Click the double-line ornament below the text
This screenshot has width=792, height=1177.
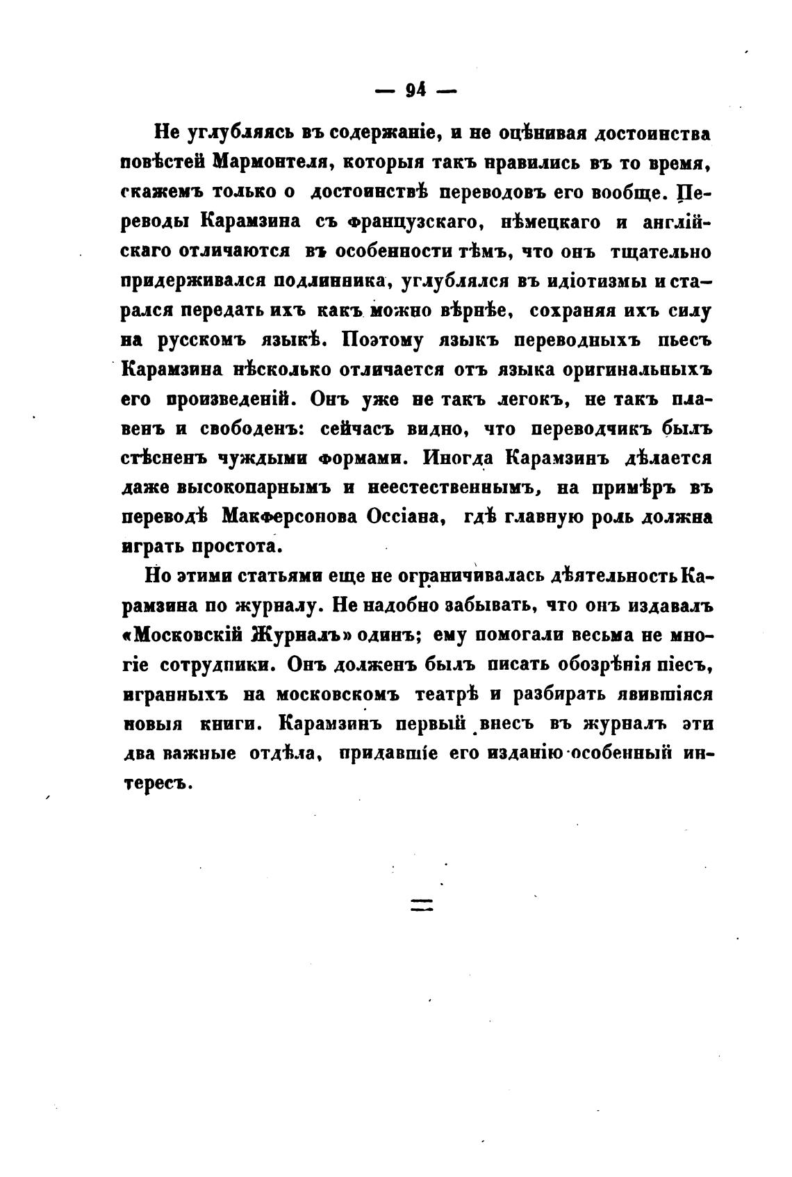(x=421, y=905)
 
